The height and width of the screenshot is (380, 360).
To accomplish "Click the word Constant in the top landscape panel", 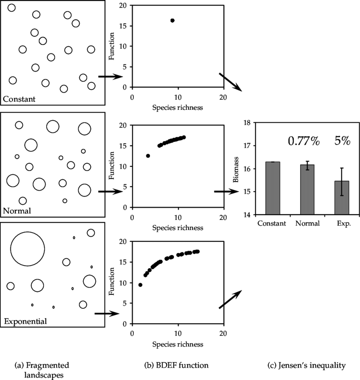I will pos(19,100).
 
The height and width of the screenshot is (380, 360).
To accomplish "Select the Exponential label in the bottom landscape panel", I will pos(25,321).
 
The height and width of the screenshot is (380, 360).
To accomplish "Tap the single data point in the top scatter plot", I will pos(172,20).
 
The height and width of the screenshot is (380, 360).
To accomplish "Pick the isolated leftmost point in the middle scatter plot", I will pos(148,156).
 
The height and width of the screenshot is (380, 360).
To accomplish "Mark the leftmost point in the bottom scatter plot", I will pos(140,285).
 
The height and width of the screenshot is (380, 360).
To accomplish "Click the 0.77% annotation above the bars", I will pos(303,141).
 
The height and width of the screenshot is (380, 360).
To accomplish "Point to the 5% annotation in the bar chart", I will pos(342,141).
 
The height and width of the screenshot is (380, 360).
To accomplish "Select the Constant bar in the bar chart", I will pos(272,188).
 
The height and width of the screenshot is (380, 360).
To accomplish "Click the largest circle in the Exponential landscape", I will pos(28,249).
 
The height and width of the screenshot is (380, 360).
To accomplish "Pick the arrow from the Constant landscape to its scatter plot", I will pos(110,77).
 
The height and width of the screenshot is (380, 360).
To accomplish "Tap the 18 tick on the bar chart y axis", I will pos(248,123).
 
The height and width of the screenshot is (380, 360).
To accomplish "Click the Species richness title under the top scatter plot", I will pos(177,108).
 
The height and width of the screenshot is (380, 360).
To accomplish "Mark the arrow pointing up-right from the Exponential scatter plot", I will pos(231,299).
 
